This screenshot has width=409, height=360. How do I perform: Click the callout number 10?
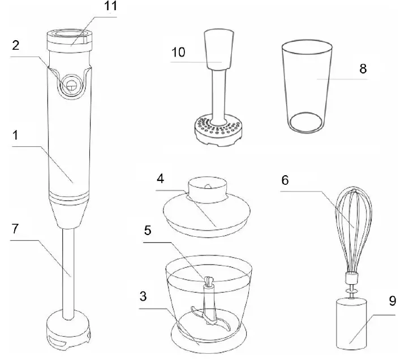click(x=179, y=53)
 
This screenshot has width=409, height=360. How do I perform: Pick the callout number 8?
click(x=363, y=69)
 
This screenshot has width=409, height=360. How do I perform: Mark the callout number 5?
click(x=148, y=231)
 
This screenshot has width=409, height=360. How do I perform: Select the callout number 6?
click(x=285, y=181)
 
